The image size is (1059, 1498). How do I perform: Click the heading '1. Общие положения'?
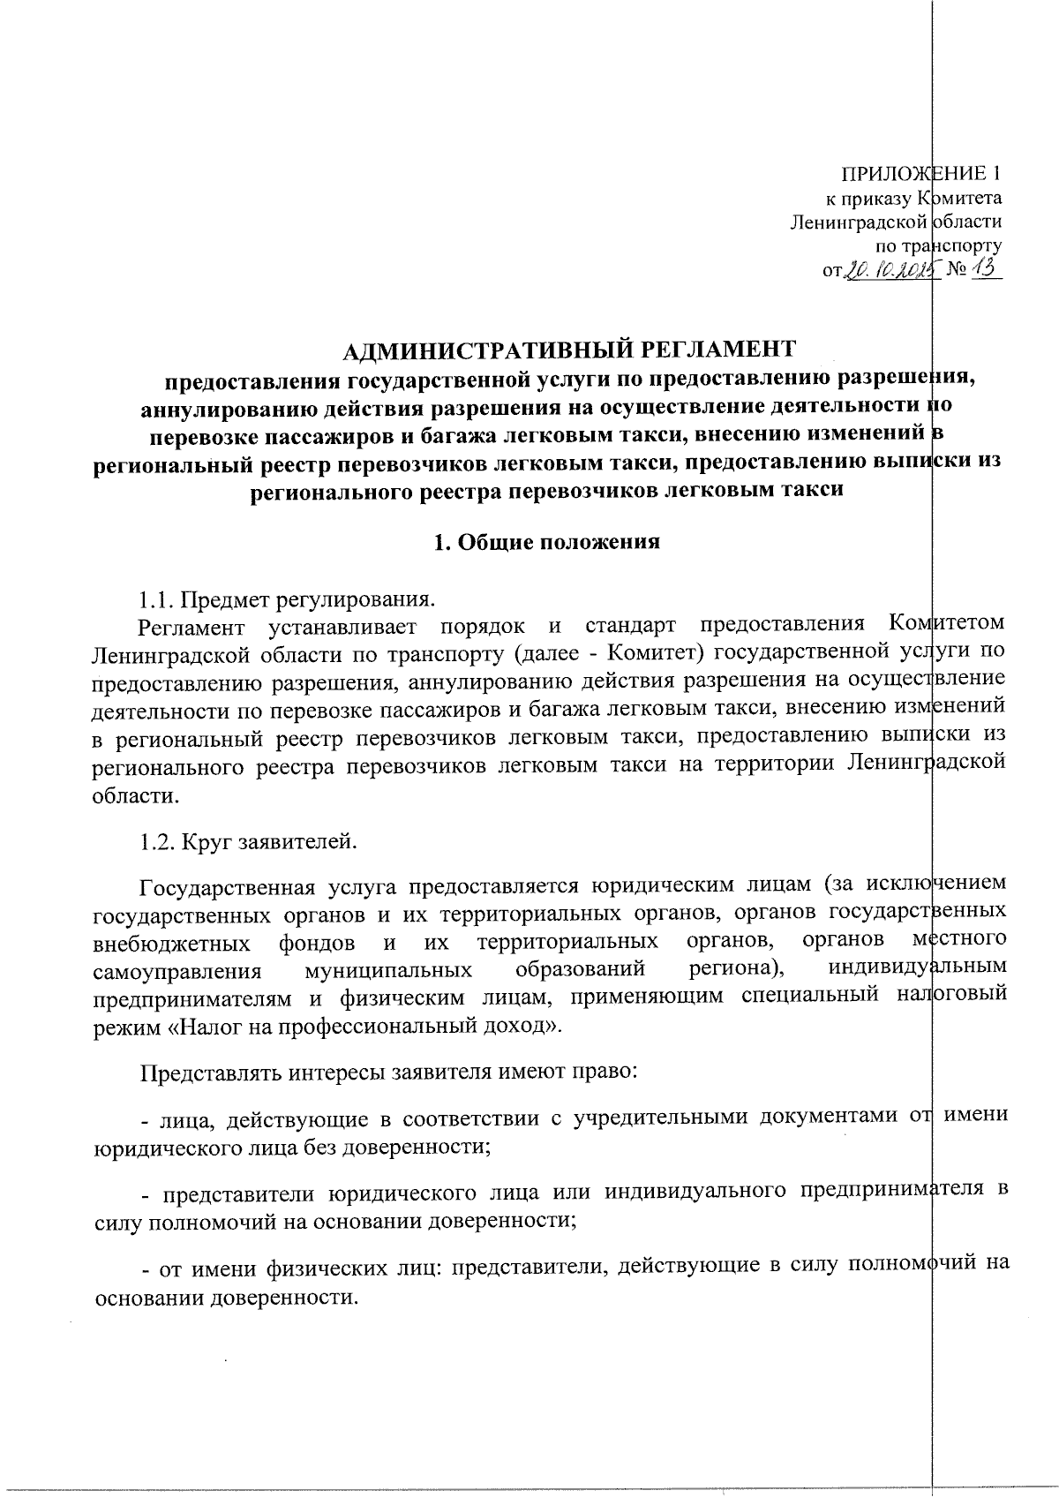547,542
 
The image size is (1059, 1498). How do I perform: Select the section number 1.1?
157,600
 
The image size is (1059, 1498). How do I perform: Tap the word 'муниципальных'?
387,971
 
